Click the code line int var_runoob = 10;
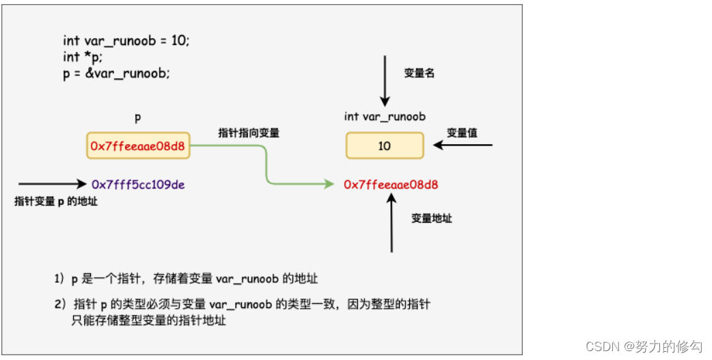(126, 40)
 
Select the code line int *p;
(83, 57)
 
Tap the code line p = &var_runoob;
(116, 74)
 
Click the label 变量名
(419, 73)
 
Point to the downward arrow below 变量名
(385, 82)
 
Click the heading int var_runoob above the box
(385, 117)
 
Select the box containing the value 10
(385, 146)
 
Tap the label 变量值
(462, 133)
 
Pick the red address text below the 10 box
(391, 184)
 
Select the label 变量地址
(431, 219)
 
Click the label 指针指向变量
(249, 133)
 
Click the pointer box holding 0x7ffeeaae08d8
(138, 146)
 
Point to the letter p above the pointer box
(138, 117)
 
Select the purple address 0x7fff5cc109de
(138, 184)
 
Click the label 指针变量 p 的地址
(56, 201)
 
